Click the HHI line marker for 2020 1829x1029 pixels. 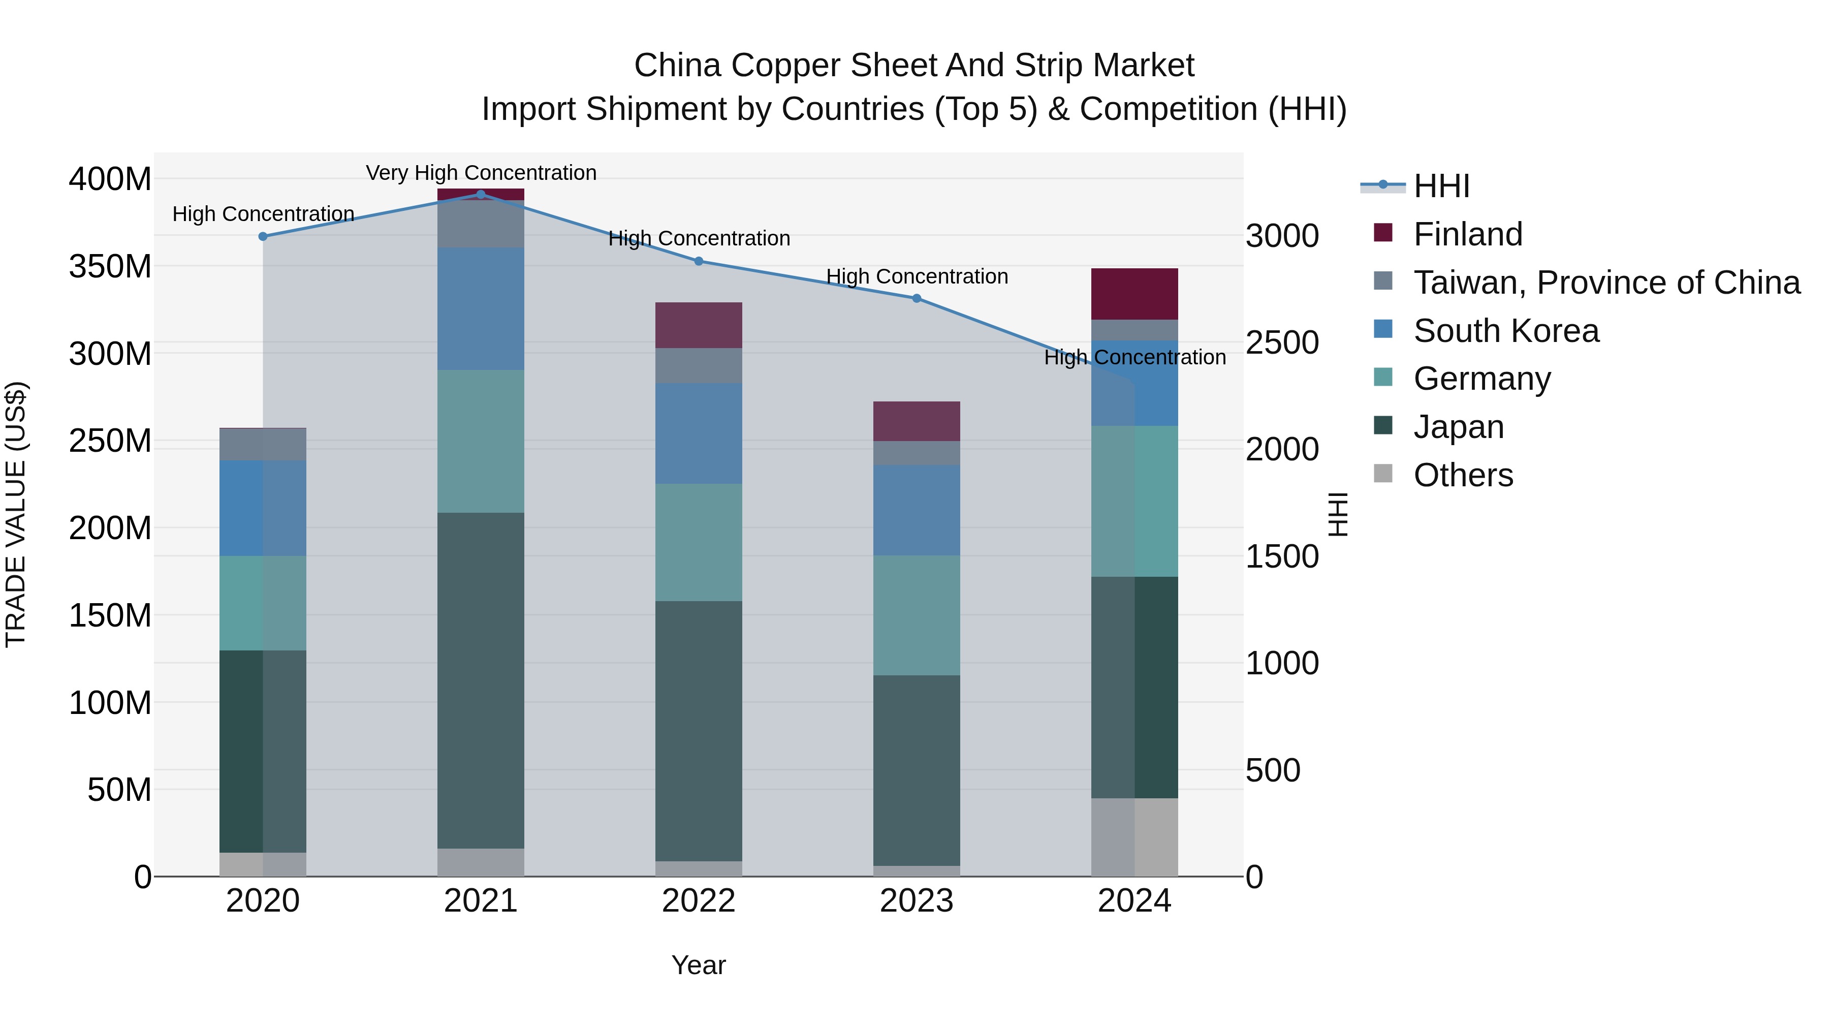pos(263,236)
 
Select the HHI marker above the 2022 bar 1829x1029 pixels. pos(699,261)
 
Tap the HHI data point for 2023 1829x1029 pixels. pos(917,298)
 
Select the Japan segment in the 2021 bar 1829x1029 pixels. pos(481,680)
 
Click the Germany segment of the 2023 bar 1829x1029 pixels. pos(917,615)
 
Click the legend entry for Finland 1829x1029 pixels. pos(1468,234)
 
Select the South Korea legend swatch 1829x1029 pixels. pos(1383,329)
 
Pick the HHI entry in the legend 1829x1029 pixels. pos(1441,186)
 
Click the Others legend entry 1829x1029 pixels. pos(1463,475)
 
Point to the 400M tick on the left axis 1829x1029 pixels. pos(110,179)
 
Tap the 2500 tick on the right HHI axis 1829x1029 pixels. pos(1282,343)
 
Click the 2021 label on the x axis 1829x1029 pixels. pos(481,901)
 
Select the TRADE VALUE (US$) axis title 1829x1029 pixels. pos(16,514)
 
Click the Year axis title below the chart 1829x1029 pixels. pos(699,965)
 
